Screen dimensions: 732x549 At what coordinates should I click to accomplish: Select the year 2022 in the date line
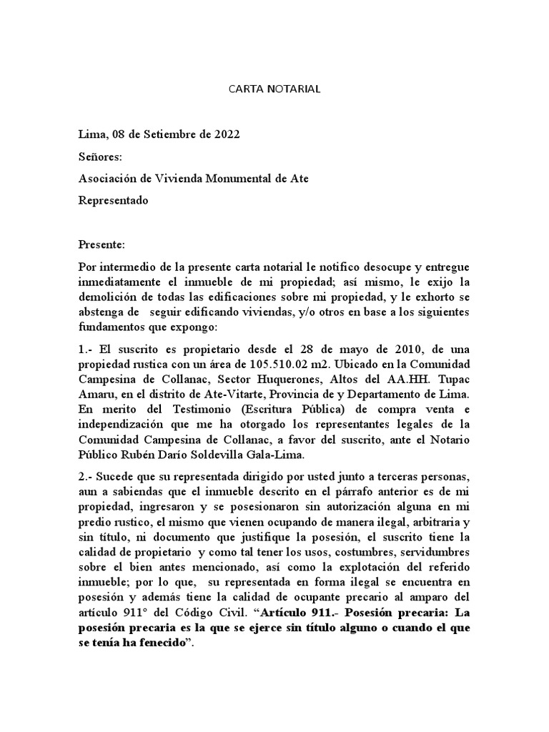coord(225,134)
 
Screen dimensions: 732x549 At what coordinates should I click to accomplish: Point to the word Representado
coord(113,201)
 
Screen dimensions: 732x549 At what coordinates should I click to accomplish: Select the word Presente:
coord(102,245)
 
